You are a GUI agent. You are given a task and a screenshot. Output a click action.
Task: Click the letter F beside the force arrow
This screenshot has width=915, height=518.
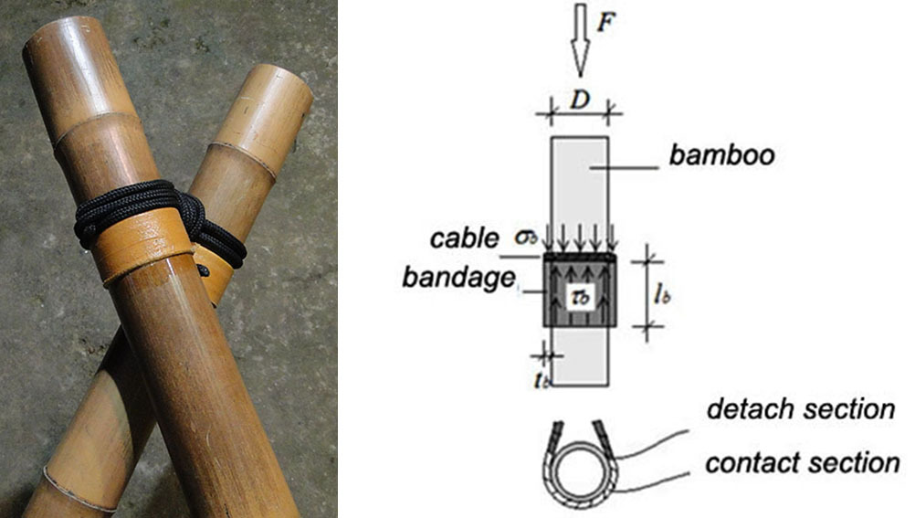pyautogui.click(x=606, y=22)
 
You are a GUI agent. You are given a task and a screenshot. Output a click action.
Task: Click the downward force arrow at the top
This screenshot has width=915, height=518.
pyautogui.click(x=580, y=39)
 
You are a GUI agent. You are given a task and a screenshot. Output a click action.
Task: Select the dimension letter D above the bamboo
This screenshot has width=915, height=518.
pyautogui.click(x=580, y=100)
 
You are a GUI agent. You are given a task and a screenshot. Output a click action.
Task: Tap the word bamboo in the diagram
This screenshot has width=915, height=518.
pyautogui.click(x=721, y=155)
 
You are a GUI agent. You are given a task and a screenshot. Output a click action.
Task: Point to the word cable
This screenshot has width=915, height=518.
pyautogui.click(x=465, y=238)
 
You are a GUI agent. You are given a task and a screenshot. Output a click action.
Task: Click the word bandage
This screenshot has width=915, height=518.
pyautogui.click(x=458, y=278)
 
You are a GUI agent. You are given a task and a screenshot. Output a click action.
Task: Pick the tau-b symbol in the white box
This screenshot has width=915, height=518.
pyautogui.click(x=581, y=297)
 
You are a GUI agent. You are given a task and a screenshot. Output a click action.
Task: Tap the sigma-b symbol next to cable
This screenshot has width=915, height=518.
pyautogui.click(x=526, y=238)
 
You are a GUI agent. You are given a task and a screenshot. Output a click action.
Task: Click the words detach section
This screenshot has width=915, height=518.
pyautogui.click(x=801, y=408)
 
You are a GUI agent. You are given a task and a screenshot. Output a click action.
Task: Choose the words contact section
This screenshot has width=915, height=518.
pyautogui.click(x=803, y=463)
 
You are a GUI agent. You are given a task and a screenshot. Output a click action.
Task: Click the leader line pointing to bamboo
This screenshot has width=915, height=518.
pyautogui.click(x=624, y=168)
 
